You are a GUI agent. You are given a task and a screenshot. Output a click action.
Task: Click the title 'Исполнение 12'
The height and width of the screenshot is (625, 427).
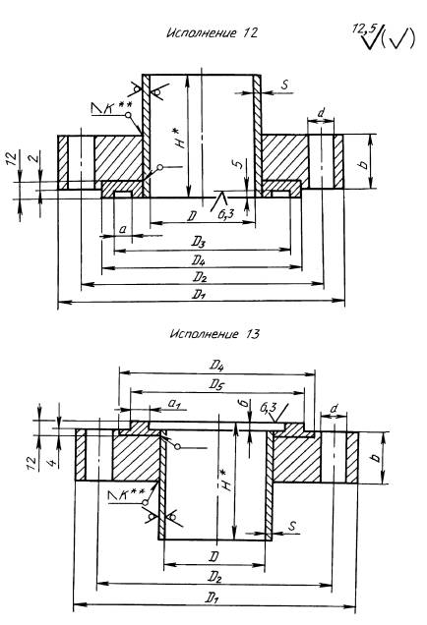point(212,32)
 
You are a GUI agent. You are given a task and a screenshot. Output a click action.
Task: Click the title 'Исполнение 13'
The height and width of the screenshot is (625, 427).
point(214,333)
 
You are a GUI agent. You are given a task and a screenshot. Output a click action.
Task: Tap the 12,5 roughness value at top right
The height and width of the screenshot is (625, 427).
point(364,28)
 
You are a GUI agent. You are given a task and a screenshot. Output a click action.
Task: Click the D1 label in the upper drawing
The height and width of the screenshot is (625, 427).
point(199,294)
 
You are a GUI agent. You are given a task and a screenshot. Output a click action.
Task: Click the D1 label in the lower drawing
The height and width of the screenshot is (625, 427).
point(213,597)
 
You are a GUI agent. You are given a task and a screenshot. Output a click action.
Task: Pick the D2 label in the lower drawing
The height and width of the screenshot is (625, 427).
point(213,577)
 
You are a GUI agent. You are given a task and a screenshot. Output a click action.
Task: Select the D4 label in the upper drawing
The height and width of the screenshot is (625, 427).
point(199,259)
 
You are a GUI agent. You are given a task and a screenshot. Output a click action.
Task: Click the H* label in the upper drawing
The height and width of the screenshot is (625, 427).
point(182,138)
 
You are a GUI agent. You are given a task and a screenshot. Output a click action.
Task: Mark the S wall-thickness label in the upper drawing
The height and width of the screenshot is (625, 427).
point(284,85)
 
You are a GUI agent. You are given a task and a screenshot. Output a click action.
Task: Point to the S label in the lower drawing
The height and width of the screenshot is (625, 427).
point(292,526)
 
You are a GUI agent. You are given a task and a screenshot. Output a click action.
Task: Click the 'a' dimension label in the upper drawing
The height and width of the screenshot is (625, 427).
point(123,229)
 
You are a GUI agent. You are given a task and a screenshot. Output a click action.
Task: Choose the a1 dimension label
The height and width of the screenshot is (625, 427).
point(174,404)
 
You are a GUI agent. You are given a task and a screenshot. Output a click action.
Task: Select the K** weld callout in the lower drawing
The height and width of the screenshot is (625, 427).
point(127,494)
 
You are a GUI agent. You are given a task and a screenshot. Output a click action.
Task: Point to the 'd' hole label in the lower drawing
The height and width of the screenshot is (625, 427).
point(335,408)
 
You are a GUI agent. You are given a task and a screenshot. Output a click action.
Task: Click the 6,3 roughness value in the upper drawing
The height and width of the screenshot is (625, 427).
point(225,214)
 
